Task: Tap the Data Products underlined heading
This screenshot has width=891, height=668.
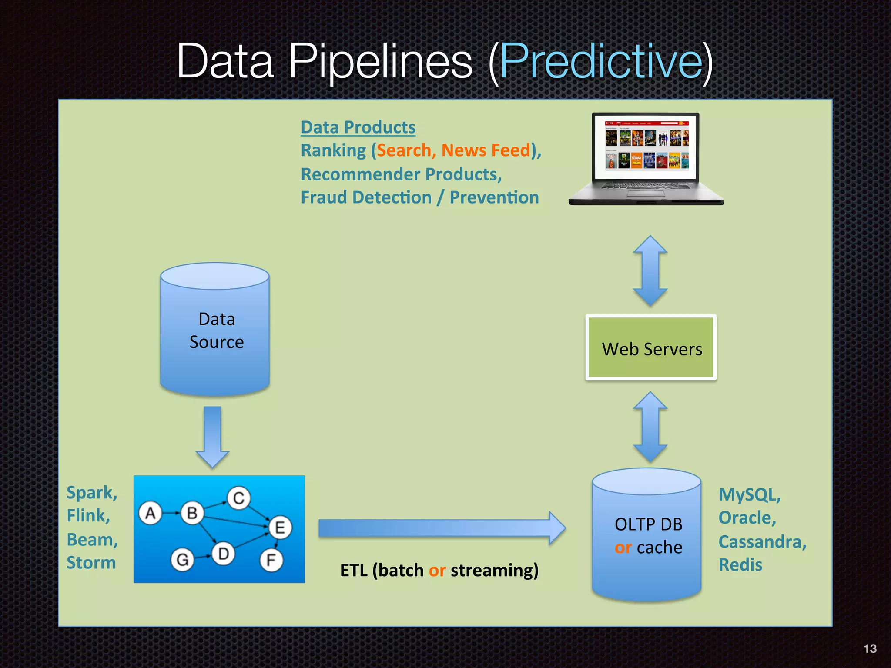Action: point(358,127)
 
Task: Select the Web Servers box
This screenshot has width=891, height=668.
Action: point(651,347)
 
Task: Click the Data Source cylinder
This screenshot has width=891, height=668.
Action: point(215,331)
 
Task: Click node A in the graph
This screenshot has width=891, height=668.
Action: point(151,513)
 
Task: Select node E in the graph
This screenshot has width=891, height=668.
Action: point(280,528)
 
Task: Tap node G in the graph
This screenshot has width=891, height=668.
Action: point(182,559)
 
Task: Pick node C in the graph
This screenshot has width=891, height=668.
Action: point(238,498)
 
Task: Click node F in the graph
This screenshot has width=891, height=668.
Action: point(271,560)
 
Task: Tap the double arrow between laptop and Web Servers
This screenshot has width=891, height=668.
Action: point(650,271)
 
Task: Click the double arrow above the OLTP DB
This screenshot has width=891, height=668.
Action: point(650,427)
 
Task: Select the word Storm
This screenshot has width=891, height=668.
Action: point(91,563)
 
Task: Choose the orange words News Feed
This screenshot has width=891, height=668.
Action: point(486,150)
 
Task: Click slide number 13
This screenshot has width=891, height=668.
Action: point(870,648)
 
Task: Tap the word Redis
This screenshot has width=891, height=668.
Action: point(740,565)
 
